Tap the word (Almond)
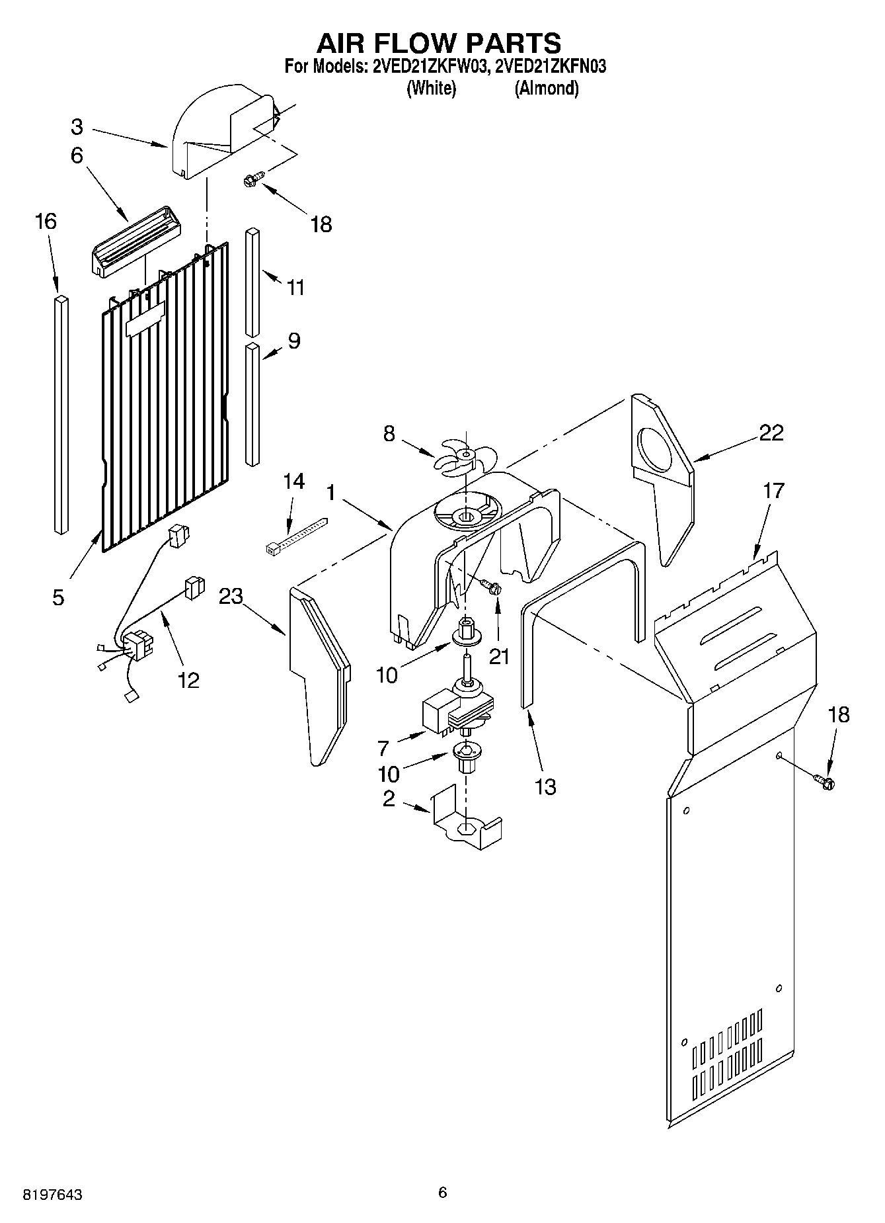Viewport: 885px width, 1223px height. tap(547, 88)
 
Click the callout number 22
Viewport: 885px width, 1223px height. tap(771, 433)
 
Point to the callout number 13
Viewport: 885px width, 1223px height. tap(545, 786)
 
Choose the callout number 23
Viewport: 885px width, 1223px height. tap(231, 597)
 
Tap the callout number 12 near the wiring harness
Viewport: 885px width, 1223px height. tap(188, 679)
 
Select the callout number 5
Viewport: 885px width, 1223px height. tap(58, 597)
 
